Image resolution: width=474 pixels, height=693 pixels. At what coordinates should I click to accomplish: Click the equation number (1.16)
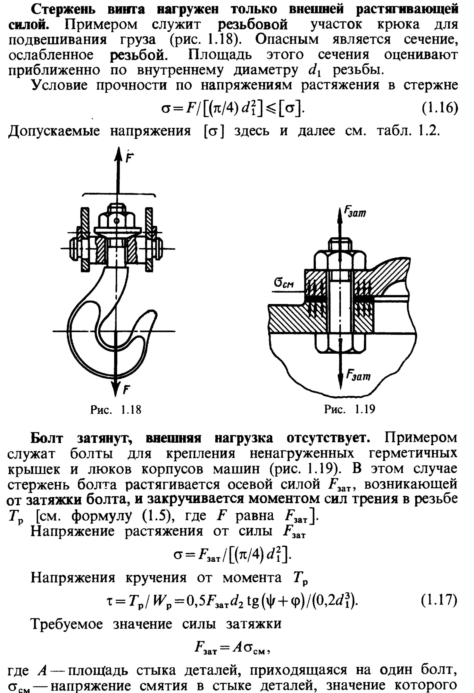point(440,108)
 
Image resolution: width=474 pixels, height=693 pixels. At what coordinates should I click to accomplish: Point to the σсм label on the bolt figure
point(284,283)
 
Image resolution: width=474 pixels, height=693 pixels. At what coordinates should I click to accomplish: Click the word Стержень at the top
point(63,9)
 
